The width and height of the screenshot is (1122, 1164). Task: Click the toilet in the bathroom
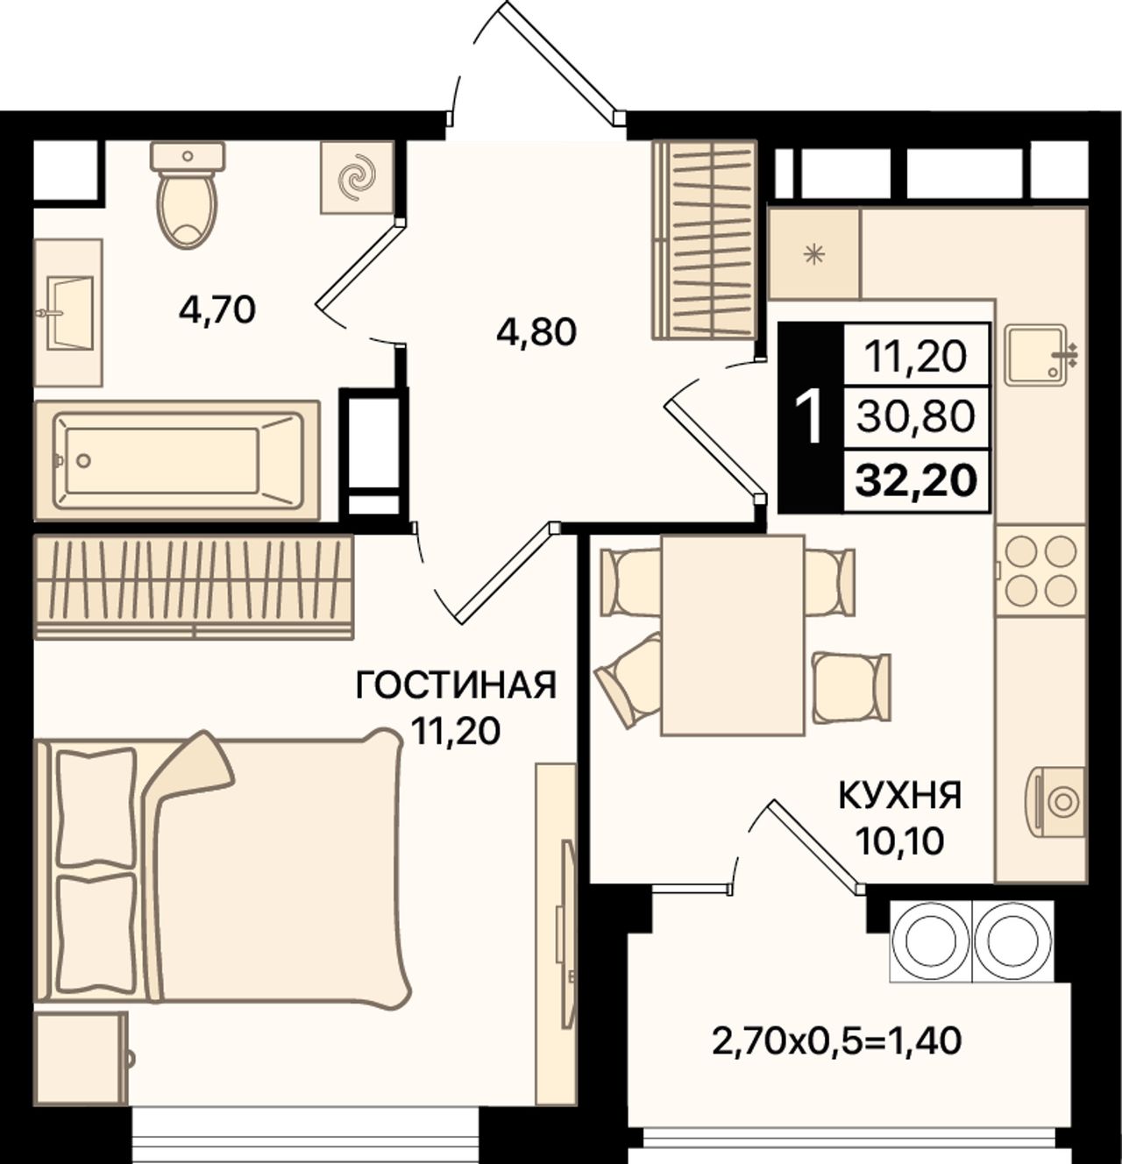188,195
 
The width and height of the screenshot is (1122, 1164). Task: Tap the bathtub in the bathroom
178,460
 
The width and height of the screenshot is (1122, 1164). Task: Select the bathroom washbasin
68,312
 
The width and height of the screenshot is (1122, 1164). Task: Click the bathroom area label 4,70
217,310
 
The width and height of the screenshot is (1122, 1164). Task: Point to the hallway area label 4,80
536,332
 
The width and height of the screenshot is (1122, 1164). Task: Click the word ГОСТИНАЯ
457,685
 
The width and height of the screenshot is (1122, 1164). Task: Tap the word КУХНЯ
901,796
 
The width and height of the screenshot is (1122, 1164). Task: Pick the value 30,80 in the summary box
916,416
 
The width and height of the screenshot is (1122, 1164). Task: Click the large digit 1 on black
811,417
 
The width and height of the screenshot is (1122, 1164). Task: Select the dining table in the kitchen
733,635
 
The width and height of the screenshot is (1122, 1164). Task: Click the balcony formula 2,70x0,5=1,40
837,1040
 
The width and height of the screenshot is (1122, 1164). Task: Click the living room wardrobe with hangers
195,586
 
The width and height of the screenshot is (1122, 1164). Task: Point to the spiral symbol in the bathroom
357,178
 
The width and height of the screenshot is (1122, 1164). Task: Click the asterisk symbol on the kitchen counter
813,255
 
